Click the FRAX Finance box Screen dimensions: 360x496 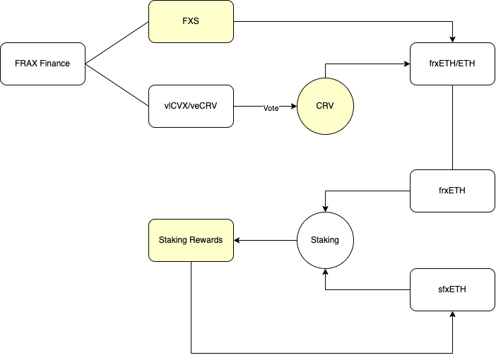pyautogui.click(x=42, y=64)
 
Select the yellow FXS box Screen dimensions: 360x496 pyautogui.click(x=191, y=21)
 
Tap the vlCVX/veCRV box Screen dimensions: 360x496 pyautogui.click(x=191, y=106)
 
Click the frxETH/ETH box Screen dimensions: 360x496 pyautogui.click(x=452, y=64)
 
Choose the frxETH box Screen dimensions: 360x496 pyautogui.click(x=452, y=191)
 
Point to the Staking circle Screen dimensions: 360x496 pyautogui.click(x=325, y=240)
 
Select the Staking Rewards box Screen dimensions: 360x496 pyautogui.click(x=191, y=240)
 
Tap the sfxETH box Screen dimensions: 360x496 pyautogui.click(x=452, y=289)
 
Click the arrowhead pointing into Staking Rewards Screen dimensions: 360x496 pyautogui.click(x=237, y=240)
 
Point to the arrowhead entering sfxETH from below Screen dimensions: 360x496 pyautogui.click(x=452, y=315)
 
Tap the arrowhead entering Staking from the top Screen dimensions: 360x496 pyautogui.click(x=325, y=208)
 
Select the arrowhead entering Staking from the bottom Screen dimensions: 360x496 pyautogui.click(x=325, y=272)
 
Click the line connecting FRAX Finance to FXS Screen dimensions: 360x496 pyautogui.click(x=117, y=42)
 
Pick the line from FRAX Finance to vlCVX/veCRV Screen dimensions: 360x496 pyautogui.click(x=117, y=85)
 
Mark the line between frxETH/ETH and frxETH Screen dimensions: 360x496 pyautogui.click(x=452, y=127)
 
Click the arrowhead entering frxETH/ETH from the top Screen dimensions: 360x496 pyautogui.click(x=452, y=39)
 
